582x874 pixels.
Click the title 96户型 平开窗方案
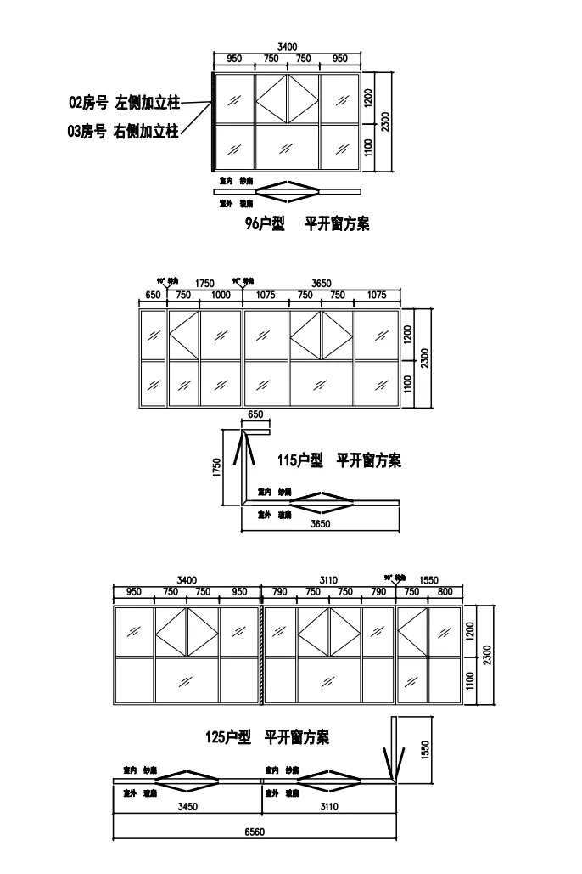[306, 225]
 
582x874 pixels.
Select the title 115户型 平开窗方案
[339, 460]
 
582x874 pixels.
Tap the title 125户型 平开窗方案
[268, 737]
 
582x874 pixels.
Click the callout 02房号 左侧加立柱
[124, 103]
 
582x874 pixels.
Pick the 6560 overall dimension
[255, 832]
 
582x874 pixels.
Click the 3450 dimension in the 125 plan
[187, 807]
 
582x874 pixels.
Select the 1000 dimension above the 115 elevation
[221, 295]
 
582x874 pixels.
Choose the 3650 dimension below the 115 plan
[320, 524]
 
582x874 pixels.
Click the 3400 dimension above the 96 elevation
[288, 46]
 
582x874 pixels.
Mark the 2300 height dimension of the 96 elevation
[386, 121]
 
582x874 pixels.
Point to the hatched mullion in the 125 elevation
[261, 655]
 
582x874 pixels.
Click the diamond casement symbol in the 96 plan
[288, 191]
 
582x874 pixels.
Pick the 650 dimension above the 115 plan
[255, 414]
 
